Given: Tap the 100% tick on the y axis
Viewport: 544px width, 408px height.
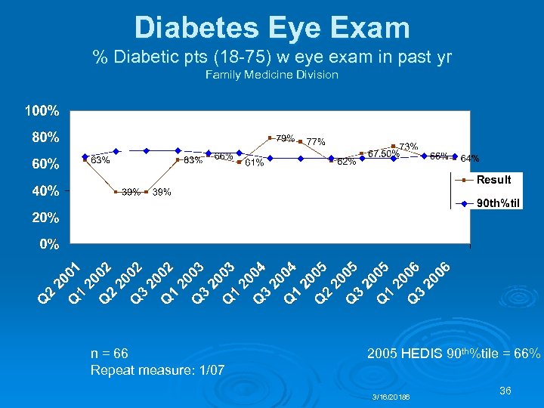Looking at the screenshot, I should pos(42,111).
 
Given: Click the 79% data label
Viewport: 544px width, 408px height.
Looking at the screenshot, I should pos(285,138).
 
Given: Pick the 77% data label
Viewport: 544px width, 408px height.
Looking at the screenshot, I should pos(316,141).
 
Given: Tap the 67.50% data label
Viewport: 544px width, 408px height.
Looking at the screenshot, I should pos(383,154).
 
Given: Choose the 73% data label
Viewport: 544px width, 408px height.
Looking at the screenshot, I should pos(409,146).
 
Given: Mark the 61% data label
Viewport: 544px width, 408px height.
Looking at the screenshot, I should pos(254,162).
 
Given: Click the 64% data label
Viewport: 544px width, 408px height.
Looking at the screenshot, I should pos(470,159).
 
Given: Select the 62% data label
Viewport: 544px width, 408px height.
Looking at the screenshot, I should pos(347,162).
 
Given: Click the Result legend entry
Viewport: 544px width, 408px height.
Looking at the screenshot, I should pos(493,180).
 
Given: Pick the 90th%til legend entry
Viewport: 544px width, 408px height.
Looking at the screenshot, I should pos(499,203).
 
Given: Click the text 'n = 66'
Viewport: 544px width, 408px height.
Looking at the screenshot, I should pos(109,353).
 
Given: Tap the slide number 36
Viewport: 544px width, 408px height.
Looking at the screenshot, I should pos(506,391).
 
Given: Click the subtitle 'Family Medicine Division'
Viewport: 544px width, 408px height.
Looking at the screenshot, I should pos(271,75).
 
